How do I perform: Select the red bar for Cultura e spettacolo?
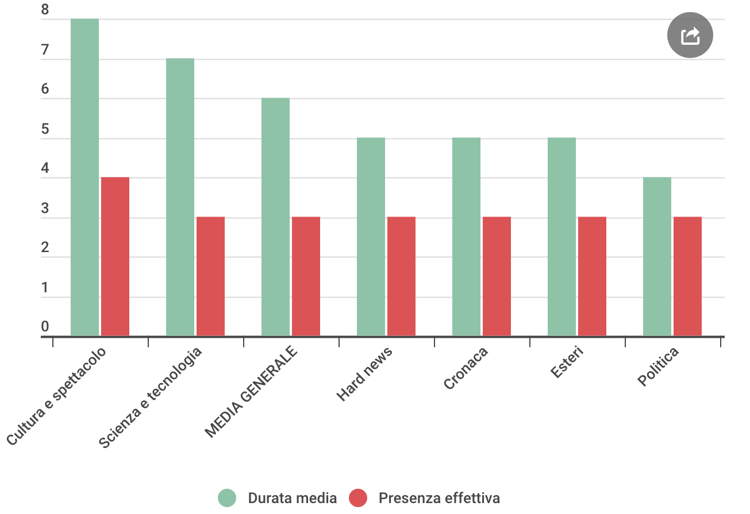click(115, 256)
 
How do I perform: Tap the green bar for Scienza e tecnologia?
click(180, 197)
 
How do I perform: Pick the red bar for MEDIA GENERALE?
click(306, 276)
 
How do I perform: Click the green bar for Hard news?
click(371, 237)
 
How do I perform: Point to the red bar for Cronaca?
click(497, 276)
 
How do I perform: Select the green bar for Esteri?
click(561, 237)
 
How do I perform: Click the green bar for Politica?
click(657, 256)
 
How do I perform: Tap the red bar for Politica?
click(687, 276)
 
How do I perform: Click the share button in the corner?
click(690, 36)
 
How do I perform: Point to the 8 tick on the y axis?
click(45, 10)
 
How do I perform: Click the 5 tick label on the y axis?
click(45, 130)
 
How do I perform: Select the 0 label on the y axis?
click(45, 327)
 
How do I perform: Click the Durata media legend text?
click(292, 498)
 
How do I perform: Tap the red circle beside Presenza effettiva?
click(358, 498)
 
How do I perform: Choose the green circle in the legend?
click(227, 498)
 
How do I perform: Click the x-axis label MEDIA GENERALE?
click(252, 392)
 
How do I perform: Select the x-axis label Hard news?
click(364, 374)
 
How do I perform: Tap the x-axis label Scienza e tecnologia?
click(151, 398)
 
